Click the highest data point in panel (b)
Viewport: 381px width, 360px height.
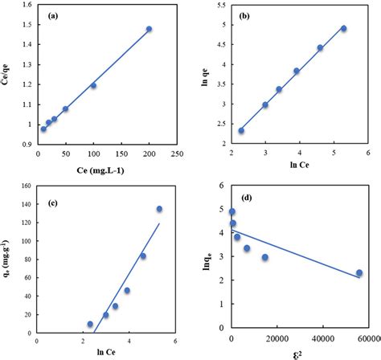343,28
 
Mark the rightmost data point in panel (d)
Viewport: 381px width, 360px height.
359,273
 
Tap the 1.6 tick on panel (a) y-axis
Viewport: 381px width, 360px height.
26,7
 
